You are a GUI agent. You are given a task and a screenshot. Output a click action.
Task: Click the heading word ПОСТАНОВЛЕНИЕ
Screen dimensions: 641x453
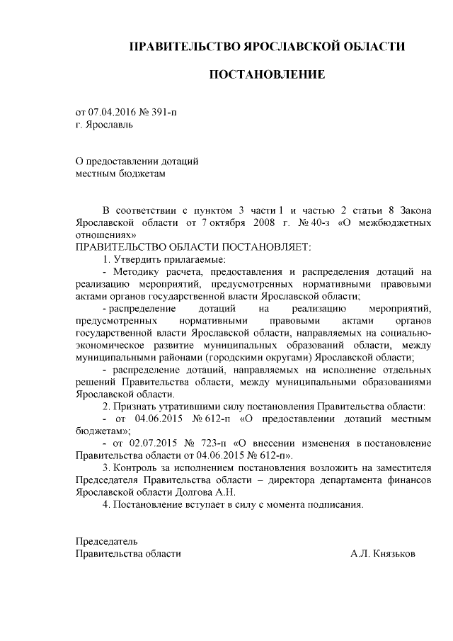(266, 74)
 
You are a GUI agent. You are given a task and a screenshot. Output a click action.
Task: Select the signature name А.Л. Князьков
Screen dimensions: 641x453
(383, 553)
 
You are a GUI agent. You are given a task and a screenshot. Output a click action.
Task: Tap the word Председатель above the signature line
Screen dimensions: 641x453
(107, 541)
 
